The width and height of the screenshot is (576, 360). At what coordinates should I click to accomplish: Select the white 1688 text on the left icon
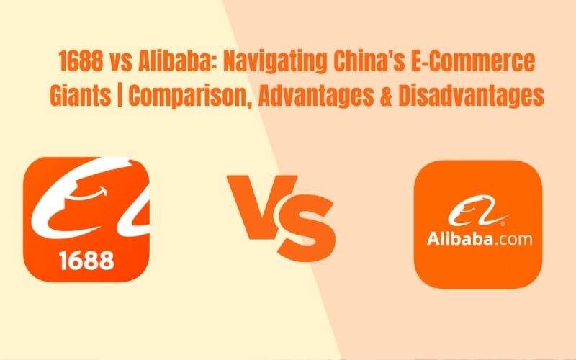[87, 258]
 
